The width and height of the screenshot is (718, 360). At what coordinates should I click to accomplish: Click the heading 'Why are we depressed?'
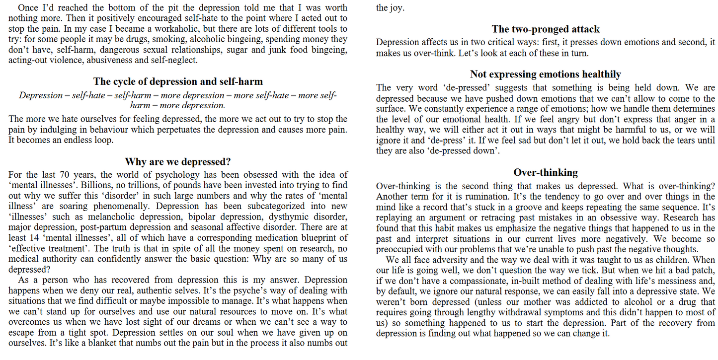tap(178, 161)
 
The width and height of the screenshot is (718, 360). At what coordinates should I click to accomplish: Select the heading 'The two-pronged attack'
tap(546, 29)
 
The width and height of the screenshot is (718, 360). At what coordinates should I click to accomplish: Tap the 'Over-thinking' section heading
tap(546, 172)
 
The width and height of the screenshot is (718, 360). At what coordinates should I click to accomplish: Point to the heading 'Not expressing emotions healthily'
tap(546, 74)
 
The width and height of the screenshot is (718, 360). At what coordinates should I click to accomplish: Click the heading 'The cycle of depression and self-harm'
tap(178, 81)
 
